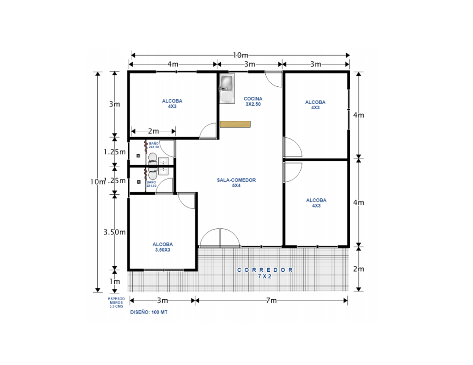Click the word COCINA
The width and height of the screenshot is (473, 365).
point(253,99)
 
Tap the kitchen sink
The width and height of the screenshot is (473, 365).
point(226,84)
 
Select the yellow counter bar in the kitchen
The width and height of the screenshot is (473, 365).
point(235,124)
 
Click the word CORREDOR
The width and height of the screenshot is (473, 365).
point(265,270)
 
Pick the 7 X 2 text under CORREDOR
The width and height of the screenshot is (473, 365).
point(265,276)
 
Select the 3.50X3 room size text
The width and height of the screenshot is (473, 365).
point(162,250)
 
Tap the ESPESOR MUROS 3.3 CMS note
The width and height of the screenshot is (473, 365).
point(116,302)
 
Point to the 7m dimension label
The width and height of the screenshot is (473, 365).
point(271,301)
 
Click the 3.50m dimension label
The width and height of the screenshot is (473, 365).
point(114,232)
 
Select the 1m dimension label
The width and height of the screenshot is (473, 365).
point(115,281)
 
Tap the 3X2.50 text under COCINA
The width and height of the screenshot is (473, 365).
point(253,104)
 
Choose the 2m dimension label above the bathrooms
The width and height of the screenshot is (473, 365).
point(153,131)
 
